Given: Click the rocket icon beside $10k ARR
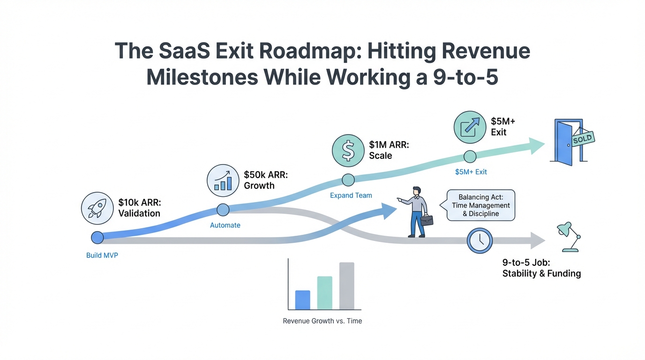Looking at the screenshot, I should [x=97, y=208].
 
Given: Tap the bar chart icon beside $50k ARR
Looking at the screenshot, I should [x=223, y=180].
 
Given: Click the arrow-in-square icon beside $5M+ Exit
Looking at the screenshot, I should [x=470, y=127].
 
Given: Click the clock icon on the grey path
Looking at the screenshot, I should [x=480, y=240].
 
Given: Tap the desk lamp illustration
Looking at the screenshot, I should [x=568, y=237].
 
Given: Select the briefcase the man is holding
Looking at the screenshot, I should [x=427, y=220].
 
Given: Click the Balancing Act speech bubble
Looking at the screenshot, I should [x=480, y=205].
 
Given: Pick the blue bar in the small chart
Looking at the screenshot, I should [x=302, y=300].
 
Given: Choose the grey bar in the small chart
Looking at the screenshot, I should [x=346, y=285].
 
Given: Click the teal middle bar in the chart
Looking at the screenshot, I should [x=324, y=292].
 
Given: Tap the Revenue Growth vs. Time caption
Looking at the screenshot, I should [x=322, y=321].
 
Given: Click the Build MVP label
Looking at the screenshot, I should [x=102, y=255].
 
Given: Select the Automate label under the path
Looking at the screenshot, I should [x=225, y=225].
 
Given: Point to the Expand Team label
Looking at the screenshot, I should [x=351, y=195].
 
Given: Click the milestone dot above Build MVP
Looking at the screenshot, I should [x=97, y=238].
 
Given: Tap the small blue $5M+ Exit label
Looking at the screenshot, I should [x=471, y=172].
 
